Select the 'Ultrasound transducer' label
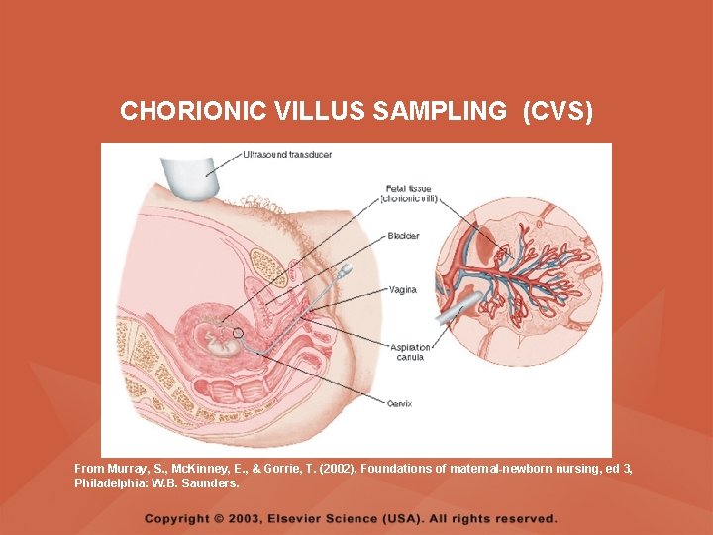pyautogui.click(x=287, y=155)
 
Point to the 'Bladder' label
pyautogui.click(x=403, y=236)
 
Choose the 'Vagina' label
pyautogui.click(x=402, y=290)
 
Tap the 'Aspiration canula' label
pyautogui.click(x=406, y=352)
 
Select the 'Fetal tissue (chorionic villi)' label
pyautogui.click(x=407, y=193)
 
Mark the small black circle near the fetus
pyautogui.click(x=238, y=333)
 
